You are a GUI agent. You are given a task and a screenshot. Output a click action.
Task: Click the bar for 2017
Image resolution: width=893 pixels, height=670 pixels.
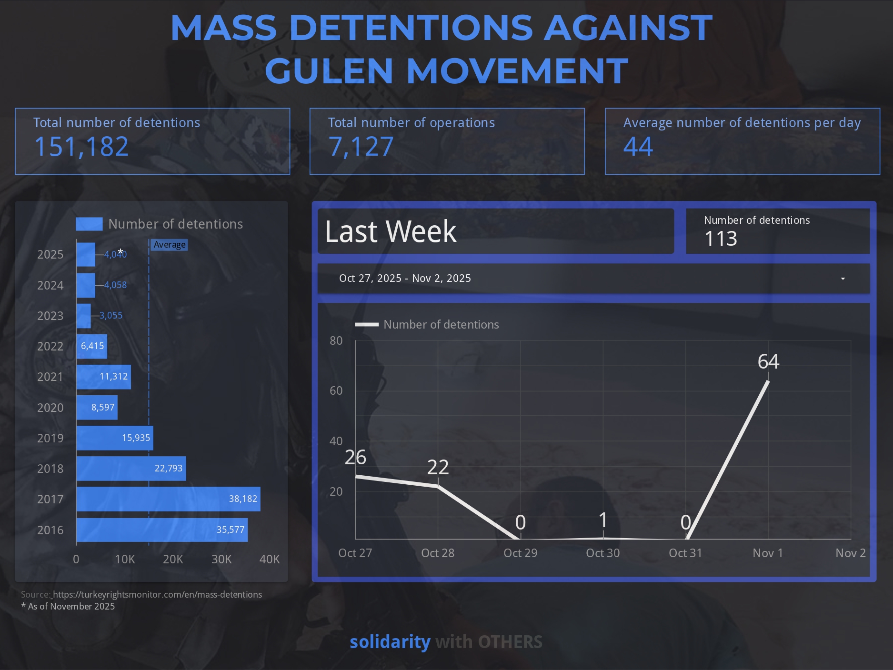pos(168,499)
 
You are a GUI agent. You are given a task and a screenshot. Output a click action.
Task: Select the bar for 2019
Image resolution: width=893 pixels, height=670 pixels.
pos(115,438)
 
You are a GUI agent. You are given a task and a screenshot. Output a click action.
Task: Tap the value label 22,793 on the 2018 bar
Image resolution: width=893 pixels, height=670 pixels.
pos(169,469)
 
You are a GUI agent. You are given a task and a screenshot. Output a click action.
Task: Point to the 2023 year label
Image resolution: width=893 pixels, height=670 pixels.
pos(50,316)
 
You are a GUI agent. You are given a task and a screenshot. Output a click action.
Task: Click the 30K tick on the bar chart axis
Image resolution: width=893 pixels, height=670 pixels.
pos(221,559)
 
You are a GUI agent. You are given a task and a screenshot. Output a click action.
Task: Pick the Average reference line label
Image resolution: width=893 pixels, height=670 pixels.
pos(170,245)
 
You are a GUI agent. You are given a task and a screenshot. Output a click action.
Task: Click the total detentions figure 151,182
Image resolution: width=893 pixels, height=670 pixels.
pos(81,146)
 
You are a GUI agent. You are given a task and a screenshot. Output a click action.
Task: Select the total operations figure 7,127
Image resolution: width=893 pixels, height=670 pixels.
pos(361,146)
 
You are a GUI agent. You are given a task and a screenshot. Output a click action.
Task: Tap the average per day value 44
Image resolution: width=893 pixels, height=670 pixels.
pos(638,146)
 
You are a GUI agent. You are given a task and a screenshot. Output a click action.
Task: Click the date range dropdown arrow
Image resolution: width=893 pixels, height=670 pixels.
pos(843,279)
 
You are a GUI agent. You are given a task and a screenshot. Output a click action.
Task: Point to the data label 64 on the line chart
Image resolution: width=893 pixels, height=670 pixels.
pos(768,361)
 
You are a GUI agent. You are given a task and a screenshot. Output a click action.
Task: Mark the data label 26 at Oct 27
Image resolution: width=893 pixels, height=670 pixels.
pos(355,457)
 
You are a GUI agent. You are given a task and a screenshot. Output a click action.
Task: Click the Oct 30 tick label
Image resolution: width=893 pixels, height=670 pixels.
pos(603,553)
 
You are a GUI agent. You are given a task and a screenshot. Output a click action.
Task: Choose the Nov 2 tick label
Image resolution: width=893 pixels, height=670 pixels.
pos(851,553)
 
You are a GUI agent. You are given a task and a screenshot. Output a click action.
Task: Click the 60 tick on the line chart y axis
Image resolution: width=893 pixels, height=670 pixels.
pos(336,391)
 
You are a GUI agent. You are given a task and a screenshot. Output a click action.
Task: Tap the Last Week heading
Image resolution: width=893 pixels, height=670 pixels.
pos(391,231)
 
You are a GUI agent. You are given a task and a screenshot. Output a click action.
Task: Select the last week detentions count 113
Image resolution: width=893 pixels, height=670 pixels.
pos(721,239)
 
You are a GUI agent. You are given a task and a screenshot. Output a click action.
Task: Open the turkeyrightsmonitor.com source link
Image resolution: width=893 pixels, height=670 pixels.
pos(157,594)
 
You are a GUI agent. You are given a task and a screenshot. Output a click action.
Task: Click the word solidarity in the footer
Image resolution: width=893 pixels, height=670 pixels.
pos(390,642)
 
